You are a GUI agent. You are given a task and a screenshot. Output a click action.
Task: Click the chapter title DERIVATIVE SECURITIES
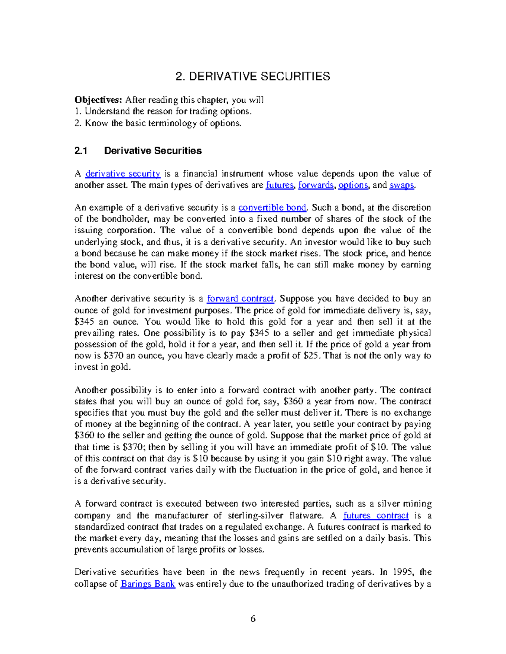point(253,77)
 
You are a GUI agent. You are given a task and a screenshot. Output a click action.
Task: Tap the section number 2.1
point(81,151)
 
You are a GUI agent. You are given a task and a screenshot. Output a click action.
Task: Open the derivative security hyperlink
point(123,174)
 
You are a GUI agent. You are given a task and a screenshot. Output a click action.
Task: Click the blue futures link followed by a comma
point(280,185)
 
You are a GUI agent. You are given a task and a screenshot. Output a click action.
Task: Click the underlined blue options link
point(353,185)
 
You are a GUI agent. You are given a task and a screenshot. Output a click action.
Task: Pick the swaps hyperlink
point(402,185)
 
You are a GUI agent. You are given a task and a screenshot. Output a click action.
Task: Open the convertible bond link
point(272,208)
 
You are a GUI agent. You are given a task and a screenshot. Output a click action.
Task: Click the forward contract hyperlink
point(240,299)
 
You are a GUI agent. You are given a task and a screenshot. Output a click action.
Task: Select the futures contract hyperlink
point(376,515)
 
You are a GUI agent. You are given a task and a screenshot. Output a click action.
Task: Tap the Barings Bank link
point(148,584)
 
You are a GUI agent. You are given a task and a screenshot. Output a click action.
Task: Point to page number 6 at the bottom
point(253,619)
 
